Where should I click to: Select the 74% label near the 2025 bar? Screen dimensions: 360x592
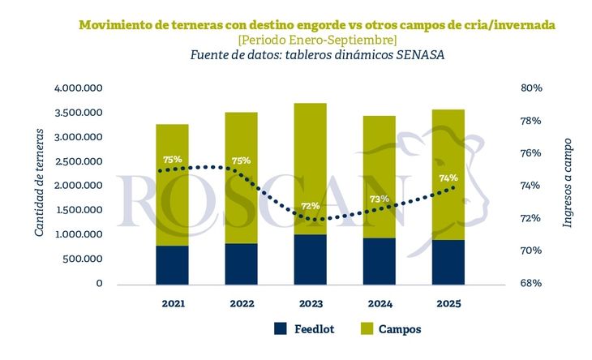click(448, 178)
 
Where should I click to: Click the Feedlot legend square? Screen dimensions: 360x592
click(281, 329)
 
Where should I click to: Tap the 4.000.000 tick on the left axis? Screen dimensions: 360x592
click(78, 88)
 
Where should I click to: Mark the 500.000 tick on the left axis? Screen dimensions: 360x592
click(83, 259)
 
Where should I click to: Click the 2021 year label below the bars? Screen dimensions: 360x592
click(172, 304)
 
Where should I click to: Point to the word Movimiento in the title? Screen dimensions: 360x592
click(116, 25)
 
